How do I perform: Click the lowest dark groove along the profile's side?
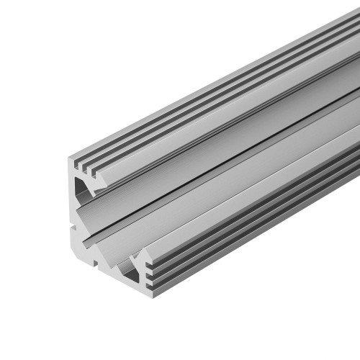[x=252, y=230]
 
